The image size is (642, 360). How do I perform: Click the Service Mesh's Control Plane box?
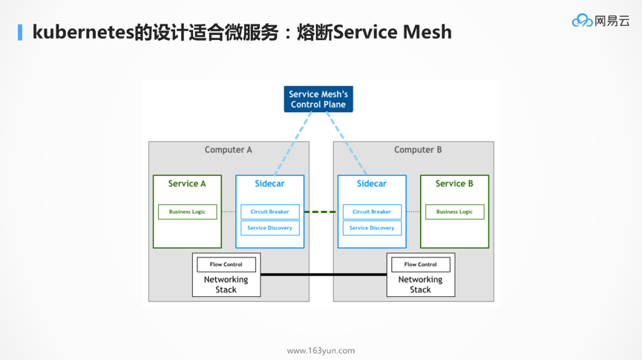(x=318, y=99)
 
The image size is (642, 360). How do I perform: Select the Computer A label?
(x=229, y=150)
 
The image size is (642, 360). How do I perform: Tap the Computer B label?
(x=418, y=150)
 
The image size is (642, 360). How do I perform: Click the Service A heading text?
(x=187, y=184)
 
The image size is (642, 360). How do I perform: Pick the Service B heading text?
(x=454, y=184)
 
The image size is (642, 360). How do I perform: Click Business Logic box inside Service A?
(x=187, y=212)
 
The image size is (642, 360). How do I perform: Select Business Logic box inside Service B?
(x=454, y=212)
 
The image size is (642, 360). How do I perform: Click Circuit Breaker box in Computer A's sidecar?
(x=269, y=212)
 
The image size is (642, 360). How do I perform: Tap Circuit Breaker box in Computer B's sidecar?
(x=372, y=212)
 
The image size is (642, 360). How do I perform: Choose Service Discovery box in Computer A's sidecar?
(x=269, y=228)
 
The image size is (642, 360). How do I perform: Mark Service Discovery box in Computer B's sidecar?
(x=372, y=228)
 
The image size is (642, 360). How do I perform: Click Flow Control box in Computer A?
(x=226, y=264)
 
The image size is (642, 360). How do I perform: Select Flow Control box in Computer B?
(x=421, y=264)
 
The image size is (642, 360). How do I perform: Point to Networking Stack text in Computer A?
(x=226, y=284)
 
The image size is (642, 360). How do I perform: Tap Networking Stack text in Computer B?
(x=421, y=284)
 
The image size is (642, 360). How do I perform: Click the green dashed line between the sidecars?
(x=321, y=212)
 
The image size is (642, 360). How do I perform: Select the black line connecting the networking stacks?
(x=324, y=275)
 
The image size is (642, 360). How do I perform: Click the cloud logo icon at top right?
(x=582, y=21)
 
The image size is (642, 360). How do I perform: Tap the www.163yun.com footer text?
(x=321, y=350)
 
